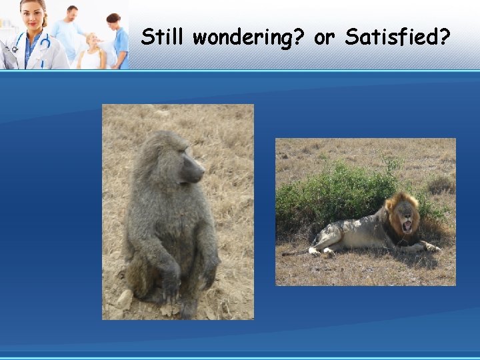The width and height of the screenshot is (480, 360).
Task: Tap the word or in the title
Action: [324, 37]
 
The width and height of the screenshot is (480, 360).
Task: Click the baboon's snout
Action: [197, 171]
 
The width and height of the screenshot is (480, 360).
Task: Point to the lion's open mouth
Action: [406, 226]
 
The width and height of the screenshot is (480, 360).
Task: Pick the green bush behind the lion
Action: [333, 190]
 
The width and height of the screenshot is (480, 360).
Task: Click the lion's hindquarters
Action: [327, 237]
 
